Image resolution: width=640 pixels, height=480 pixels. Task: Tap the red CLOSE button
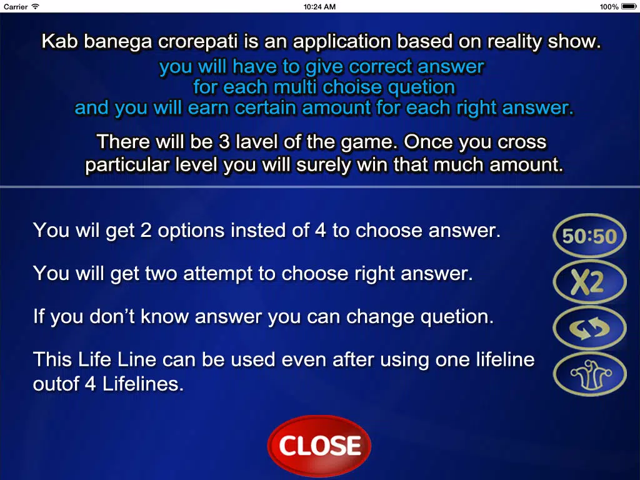tap(319, 446)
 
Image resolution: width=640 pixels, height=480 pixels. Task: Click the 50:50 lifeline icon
tap(589, 236)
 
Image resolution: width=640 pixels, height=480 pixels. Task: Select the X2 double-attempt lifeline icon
tap(589, 282)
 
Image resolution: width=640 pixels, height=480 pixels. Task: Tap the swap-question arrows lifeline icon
tap(589, 328)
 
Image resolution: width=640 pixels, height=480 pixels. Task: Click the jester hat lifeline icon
tap(589, 374)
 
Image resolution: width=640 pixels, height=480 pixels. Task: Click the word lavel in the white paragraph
tap(257, 142)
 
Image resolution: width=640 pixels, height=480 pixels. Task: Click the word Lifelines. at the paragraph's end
tap(143, 384)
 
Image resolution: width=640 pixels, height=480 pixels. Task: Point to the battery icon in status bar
tap(629, 6)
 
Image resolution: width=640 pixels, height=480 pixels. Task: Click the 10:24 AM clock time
tap(319, 6)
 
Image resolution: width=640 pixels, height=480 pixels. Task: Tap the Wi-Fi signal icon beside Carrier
tap(36, 6)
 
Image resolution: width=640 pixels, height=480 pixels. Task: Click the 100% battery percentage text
tap(609, 6)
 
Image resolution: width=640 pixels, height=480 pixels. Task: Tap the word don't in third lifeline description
tap(112, 317)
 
